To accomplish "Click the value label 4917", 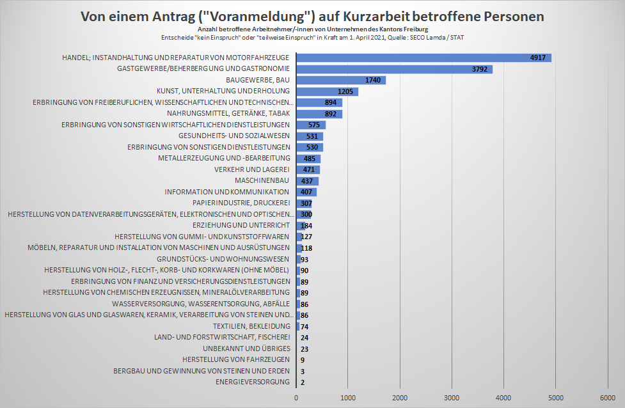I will tap(538, 58).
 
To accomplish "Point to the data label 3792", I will tap(479, 69).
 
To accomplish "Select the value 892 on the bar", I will tap(330, 114).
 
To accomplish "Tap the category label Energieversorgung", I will tap(253, 382).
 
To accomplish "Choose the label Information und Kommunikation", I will tap(227, 192).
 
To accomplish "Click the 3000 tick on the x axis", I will tap(452, 398).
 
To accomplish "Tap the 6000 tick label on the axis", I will tap(606, 398).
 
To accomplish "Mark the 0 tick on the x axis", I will tap(296, 398).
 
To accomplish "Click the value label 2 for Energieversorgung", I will tap(302, 382).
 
